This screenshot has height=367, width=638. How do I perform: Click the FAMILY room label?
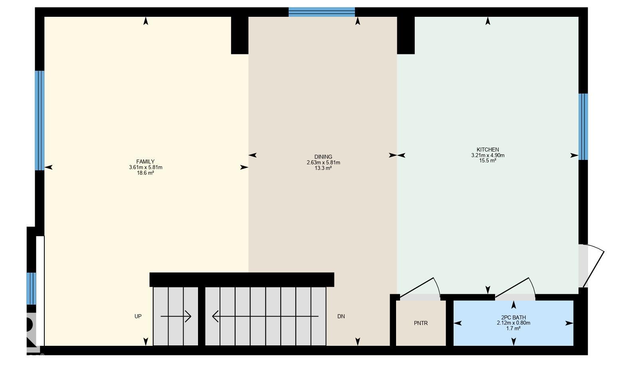(x=145, y=162)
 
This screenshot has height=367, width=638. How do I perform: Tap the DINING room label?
(x=323, y=157)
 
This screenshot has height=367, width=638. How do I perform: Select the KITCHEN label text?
(x=487, y=150)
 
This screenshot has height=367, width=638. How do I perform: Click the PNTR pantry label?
(x=421, y=323)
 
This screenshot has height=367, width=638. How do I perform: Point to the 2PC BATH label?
(x=513, y=318)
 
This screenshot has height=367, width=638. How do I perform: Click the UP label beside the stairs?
(x=138, y=316)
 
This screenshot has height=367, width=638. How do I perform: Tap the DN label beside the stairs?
(x=341, y=316)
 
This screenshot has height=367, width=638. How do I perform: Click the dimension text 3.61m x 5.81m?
(x=145, y=168)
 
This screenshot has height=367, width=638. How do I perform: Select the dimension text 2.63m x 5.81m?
(x=323, y=163)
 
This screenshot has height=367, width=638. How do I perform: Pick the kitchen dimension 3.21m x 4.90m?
(x=487, y=156)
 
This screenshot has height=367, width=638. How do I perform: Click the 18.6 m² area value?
(x=145, y=173)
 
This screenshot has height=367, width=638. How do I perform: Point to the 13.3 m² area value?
(x=323, y=168)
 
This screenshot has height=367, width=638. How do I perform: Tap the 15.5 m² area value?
(x=487, y=161)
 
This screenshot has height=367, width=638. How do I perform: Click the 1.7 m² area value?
(x=513, y=329)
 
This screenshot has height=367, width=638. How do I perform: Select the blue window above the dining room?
(x=321, y=12)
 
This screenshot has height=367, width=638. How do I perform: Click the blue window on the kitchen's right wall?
(x=583, y=127)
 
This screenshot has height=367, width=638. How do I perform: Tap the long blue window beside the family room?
(x=40, y=121)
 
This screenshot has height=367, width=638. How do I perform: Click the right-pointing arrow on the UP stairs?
(x=176, y=317)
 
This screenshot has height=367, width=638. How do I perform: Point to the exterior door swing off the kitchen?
(x=592, y=266)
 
